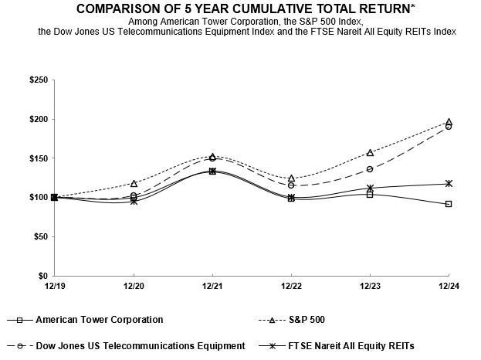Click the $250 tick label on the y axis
pyautogui.click(x=37, y=80)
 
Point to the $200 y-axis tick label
pyautogui.click(x=37, y=120)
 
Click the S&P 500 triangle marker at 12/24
pyautogui.click(x=449, y=122)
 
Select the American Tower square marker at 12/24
pyautogui.click(x=449, y=204)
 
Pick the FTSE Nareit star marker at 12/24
pyautogui.click(x=449, y=183)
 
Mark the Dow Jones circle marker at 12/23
pyautogui.click(x=370, y=169)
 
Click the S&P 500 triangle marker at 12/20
pyautogui.click(x=134, y=183)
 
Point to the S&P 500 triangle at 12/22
pyautogui.click(x=291, y=178)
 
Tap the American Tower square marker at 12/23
pyautogui.click(x=370, y=195)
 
